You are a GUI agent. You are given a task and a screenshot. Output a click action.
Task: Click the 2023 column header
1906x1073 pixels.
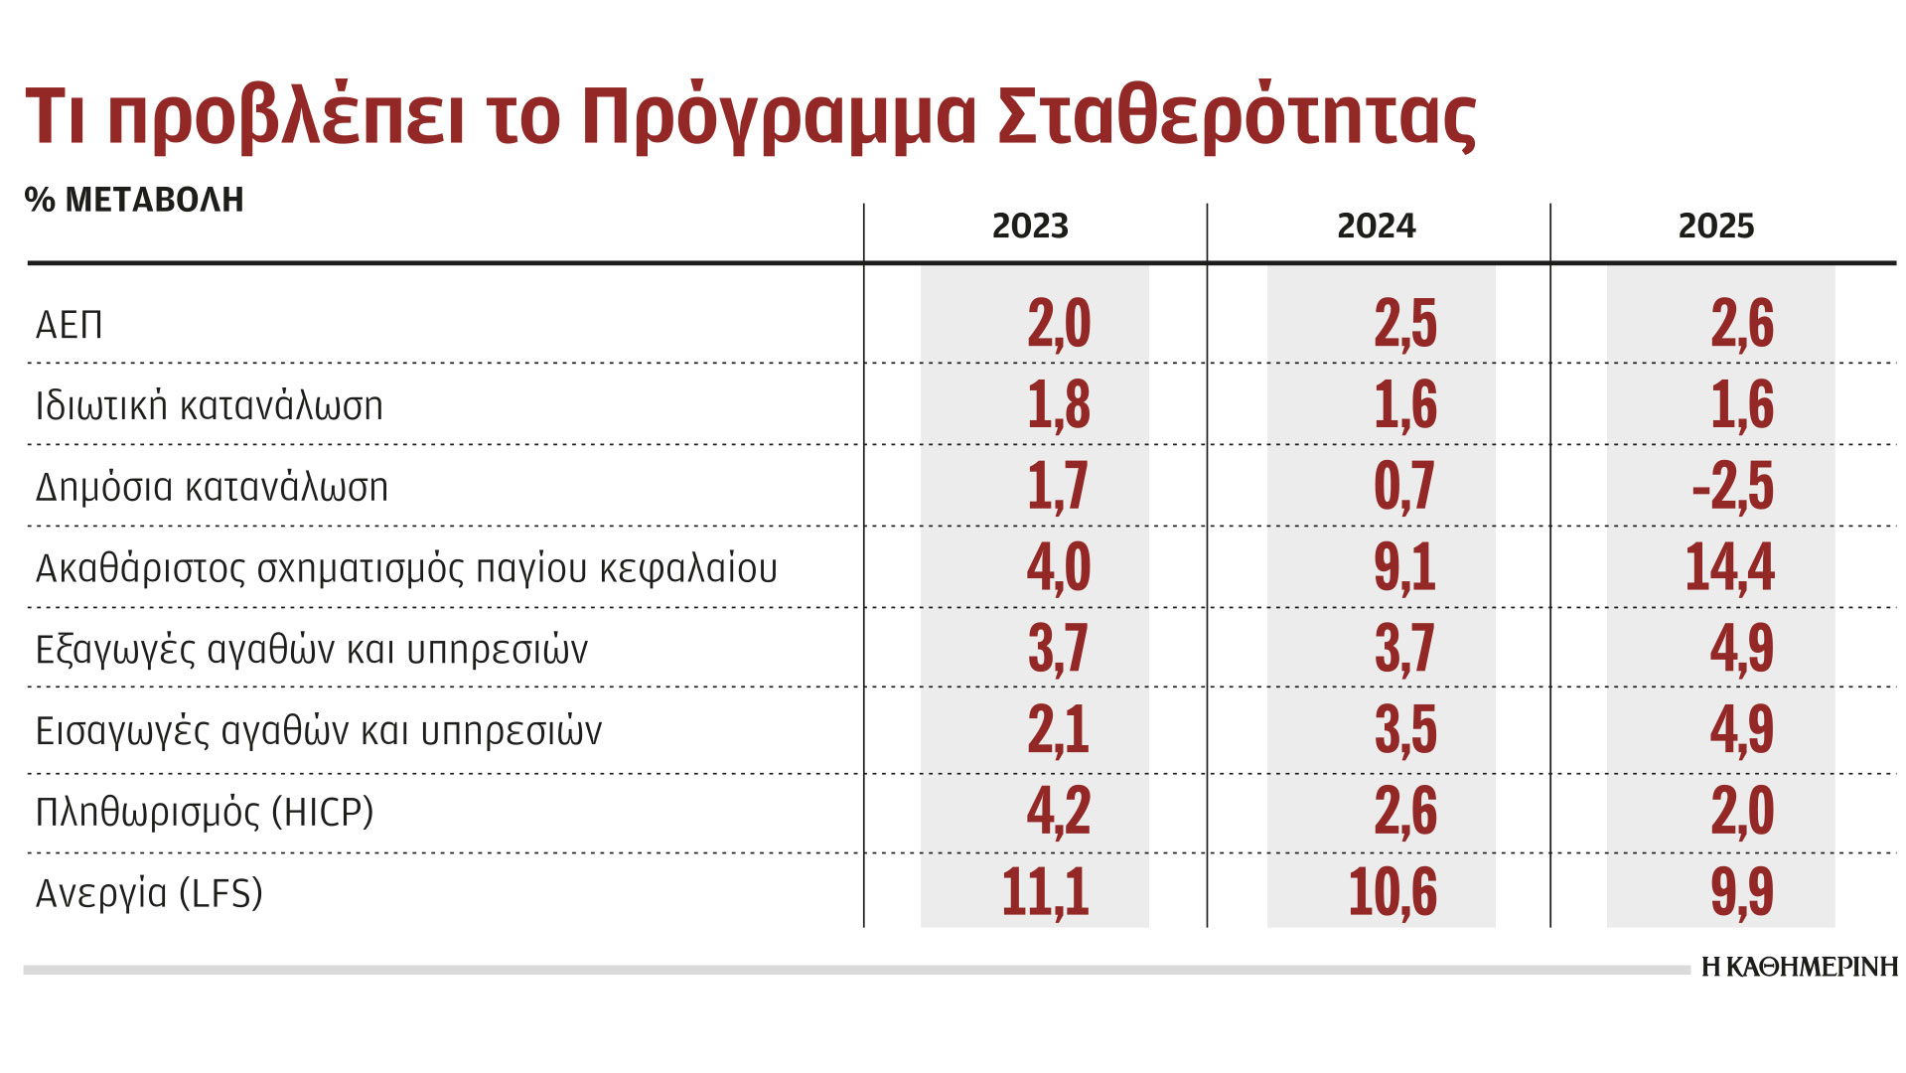pos(1030,227)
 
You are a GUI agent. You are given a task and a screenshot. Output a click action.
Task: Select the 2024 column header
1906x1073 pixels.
pos(1376,227)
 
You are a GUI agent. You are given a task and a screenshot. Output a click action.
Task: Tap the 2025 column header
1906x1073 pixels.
pos(1716,227)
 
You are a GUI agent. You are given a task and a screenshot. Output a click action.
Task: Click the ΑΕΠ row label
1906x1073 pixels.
pos(70,325)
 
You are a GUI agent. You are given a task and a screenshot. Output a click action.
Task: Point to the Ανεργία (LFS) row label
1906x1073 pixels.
pos(149,893)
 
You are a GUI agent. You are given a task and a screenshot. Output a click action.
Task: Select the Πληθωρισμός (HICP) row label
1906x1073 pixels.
pos(205,812)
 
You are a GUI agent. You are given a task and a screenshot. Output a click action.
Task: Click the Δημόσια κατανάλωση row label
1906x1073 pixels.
pos(212,487)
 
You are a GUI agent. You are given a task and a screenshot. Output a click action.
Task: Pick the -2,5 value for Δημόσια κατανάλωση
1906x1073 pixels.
pos(1732,486)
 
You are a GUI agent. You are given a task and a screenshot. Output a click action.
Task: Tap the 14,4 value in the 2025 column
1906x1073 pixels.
pos(1729,567)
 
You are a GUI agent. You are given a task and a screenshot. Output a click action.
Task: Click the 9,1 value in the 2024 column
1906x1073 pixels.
pos(1404,567)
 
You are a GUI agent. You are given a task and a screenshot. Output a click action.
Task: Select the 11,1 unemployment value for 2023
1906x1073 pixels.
pos(1045,891)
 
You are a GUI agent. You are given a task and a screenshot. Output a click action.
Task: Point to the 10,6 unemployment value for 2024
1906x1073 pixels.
pos(1393,891)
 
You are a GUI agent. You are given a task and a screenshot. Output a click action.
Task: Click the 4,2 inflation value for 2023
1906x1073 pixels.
pos(1059,811)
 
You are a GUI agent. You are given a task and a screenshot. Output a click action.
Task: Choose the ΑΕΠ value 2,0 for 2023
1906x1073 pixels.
pos(1059,324)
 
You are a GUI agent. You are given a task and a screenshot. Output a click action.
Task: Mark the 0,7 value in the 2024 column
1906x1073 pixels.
pos(1404,486)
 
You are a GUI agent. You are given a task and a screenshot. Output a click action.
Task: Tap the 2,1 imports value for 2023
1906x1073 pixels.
pos(1059,729)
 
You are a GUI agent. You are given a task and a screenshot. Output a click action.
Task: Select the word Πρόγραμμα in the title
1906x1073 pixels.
pos(778,116)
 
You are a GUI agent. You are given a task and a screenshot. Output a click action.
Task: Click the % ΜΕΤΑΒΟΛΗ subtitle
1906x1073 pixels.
pos(134,200)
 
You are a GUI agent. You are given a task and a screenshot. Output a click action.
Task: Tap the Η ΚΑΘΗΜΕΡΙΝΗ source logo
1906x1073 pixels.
pos(1799,967)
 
